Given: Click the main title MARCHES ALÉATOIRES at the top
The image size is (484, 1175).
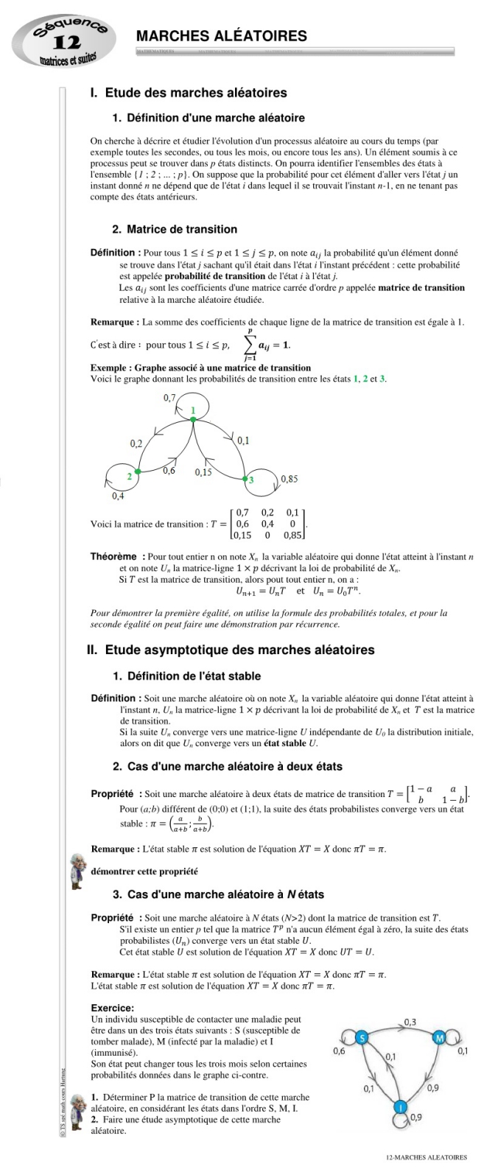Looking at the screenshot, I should click(221, 36).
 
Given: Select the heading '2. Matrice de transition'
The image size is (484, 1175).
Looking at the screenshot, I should click(175, 229).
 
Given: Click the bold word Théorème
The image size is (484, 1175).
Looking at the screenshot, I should click(113, 557).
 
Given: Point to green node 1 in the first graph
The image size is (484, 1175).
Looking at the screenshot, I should click(193, 418).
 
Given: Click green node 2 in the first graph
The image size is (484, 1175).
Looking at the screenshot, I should click(138, 471).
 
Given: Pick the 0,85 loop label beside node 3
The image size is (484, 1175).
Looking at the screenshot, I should click(289, 479).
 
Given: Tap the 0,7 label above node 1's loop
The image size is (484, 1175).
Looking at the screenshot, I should click(170, 398).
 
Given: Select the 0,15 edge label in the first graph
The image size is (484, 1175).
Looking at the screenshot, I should click(203, 472).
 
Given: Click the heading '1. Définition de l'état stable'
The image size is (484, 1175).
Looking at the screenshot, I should click(186, 676).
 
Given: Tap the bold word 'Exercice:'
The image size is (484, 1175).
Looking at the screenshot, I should click(112, 1008).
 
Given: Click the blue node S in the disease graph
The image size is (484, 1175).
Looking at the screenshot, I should click(361, 1038).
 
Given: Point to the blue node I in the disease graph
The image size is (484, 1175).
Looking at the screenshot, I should click(400, 1107).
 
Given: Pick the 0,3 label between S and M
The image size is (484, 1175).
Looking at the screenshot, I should click(410, 1022).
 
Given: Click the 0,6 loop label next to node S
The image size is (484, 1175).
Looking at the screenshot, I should click(340, 1051).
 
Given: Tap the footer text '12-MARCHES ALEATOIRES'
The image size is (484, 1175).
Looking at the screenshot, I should click(427, 1157).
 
